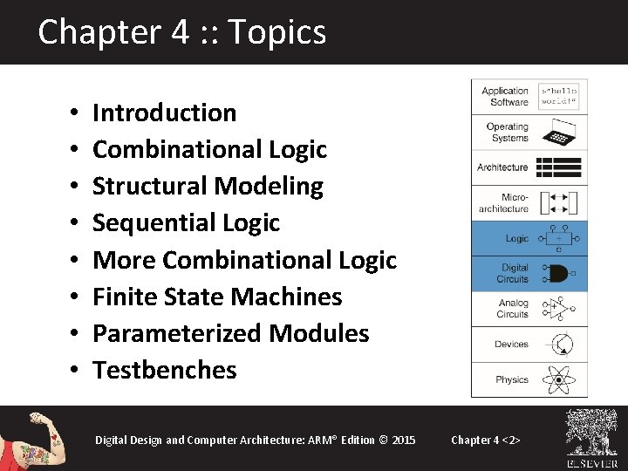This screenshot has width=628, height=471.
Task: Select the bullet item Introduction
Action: [x=164, y=113]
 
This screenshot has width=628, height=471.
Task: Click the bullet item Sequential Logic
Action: [x=186, y=222]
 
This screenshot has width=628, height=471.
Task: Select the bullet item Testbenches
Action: [x=164, y=370]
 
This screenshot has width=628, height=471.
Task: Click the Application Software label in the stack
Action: [x=505, y=96]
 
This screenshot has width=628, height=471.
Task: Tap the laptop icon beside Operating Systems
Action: [x=558, y=133]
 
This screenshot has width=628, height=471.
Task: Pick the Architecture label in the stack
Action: [x=502, y=167]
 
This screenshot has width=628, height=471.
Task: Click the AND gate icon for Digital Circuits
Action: [x=558, y=273]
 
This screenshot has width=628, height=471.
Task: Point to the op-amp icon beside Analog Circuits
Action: [x=558, y=308]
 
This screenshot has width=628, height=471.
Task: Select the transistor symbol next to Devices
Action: [x=558, y=345]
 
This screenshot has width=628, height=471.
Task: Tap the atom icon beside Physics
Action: [x=558, y=379]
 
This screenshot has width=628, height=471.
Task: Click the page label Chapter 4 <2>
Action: [x=486, y=440]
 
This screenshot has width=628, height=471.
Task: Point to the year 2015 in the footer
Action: [x=404, y=440]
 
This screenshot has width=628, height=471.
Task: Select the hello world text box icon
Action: [x=558, y=97]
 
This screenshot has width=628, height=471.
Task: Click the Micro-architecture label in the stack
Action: [x=503, y=203]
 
